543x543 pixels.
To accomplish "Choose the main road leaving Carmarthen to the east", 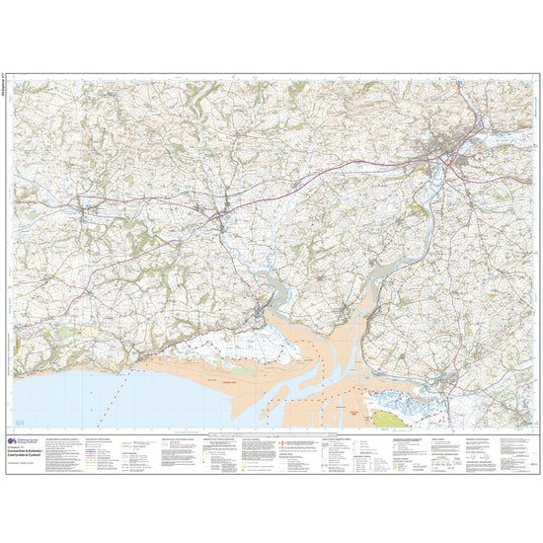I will point(494,123).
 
